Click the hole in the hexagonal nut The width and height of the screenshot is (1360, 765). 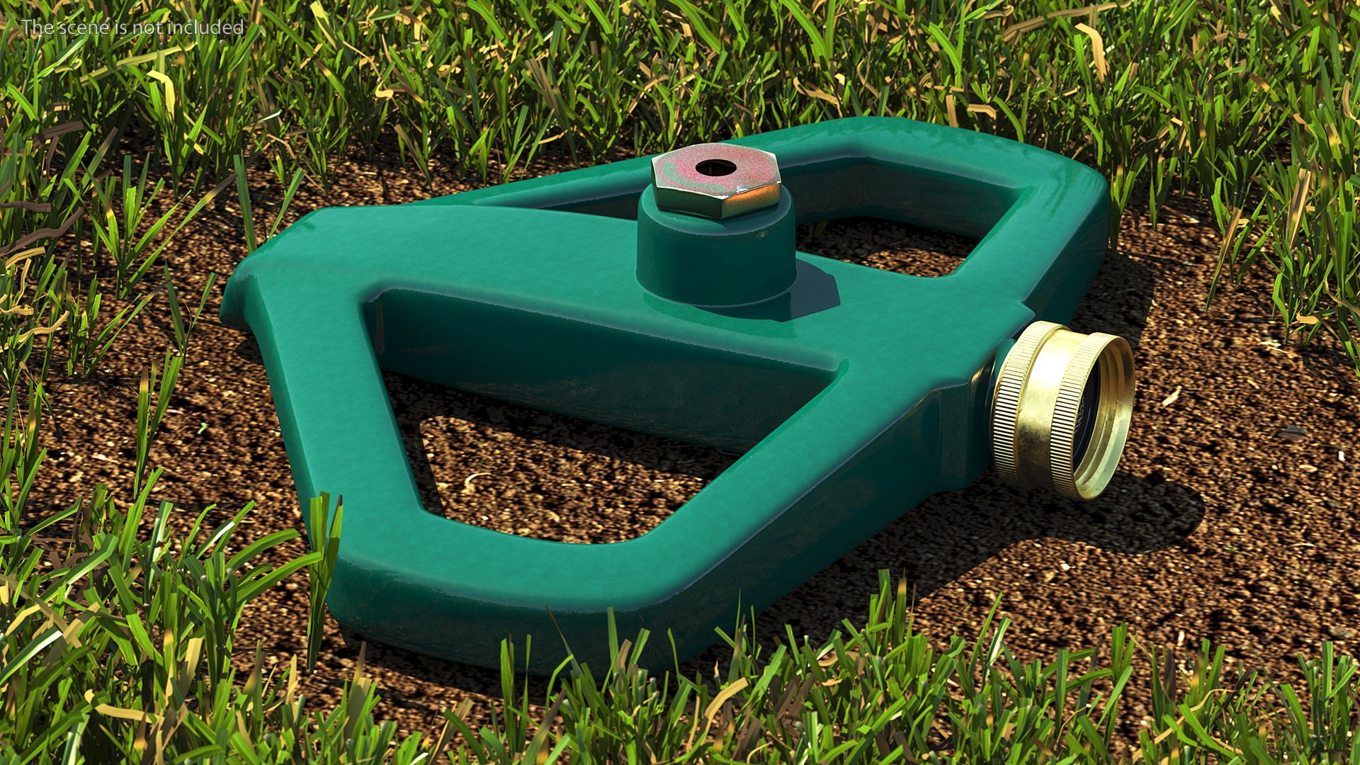(714, 168)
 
